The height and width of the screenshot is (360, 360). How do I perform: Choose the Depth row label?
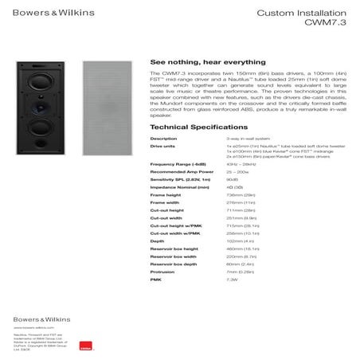[158, 241]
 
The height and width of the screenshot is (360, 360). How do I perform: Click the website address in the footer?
[32, 327]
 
